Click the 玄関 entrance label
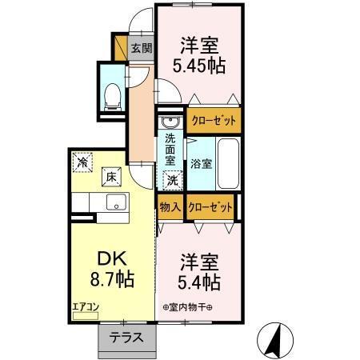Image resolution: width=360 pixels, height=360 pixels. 141,48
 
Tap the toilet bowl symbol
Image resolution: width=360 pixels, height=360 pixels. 113,97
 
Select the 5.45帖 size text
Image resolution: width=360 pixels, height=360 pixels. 199,66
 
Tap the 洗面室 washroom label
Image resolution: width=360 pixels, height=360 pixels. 170,149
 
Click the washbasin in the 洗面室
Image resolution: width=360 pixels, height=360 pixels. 170,122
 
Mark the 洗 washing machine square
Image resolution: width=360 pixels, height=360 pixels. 172,180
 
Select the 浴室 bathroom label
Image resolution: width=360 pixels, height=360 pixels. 201,164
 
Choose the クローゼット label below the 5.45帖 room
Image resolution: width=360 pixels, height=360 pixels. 214,122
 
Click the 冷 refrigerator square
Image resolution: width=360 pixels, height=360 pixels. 82,162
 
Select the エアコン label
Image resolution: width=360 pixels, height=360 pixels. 85,306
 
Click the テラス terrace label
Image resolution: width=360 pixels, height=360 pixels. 126,338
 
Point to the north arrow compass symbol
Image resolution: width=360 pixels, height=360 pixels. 277,339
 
